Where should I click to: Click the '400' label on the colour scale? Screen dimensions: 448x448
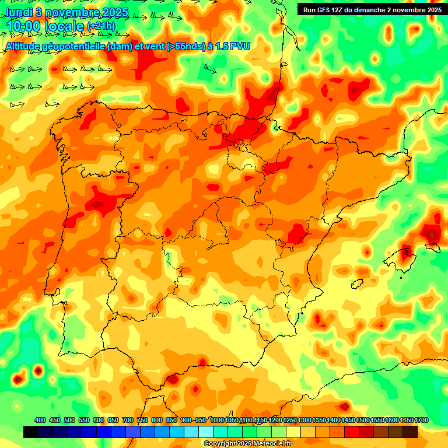(x=40, y=420)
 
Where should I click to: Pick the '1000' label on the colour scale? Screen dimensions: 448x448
(x=217, y=420)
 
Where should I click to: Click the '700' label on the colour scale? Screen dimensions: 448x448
(x=128, y=420)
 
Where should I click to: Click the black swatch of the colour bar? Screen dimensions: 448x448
(x=31, y=432)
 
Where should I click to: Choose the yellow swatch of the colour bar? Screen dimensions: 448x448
(x=293, y=432)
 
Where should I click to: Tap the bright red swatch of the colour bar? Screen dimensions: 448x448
(x=352, y=432)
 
